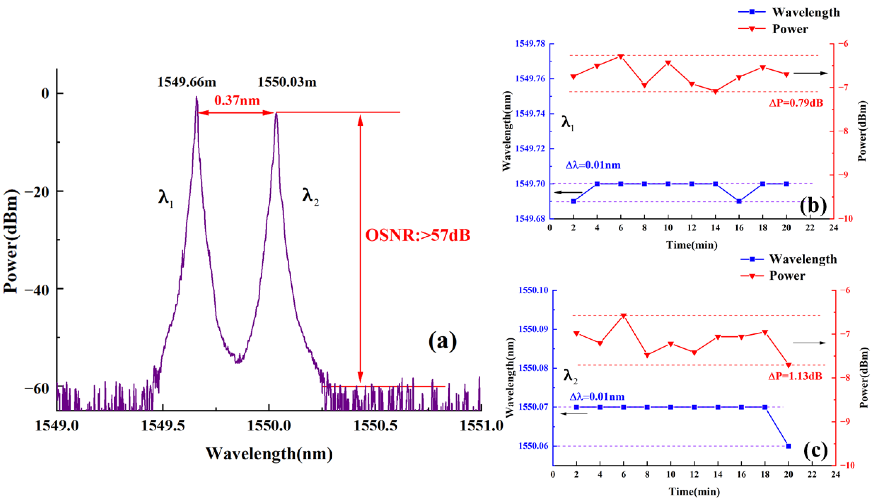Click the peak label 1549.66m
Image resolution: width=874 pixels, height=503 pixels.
(187, 82)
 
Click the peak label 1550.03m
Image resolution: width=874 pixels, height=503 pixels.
(287, 82)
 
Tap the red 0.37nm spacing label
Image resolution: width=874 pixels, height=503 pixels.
(237, 101)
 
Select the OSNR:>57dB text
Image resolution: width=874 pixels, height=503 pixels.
(418, 236)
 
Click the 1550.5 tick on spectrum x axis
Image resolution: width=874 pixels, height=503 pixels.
(375, 426)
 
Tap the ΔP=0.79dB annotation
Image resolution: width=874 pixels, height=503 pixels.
(796, 103)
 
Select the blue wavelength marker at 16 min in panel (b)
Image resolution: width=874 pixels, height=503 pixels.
(739, 201)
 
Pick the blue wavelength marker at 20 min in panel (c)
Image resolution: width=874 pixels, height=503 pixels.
(789, 446)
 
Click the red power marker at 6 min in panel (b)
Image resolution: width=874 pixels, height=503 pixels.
(621, 56)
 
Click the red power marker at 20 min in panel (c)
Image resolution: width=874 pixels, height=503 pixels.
(789, 365)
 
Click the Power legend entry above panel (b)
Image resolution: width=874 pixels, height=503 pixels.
(790, 29)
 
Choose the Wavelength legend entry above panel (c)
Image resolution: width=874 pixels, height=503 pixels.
(803, 259)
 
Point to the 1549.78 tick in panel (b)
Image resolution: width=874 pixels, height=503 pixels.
(530, 44)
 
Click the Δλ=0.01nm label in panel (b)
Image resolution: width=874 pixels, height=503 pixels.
(593, 165)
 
